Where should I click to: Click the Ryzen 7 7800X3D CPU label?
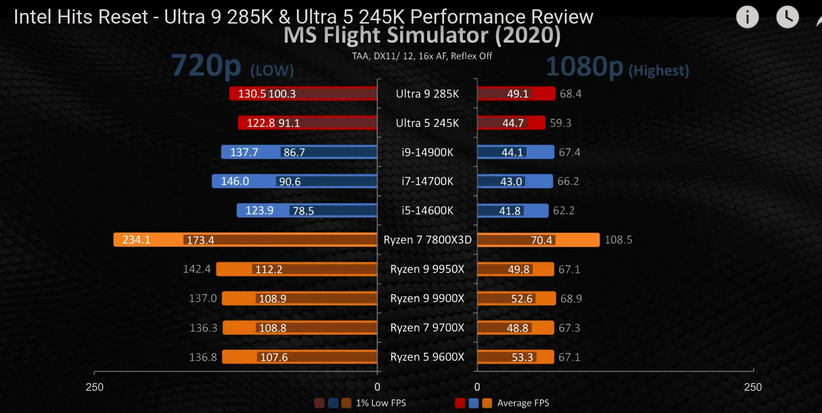click(x=427, y=240)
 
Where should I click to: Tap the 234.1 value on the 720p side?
click(x=136, y=240)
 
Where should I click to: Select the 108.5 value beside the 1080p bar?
click(x=618, y=240)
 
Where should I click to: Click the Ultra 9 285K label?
click(x=427, y=94)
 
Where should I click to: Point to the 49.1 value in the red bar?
click(x=517, y=94)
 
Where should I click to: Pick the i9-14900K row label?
click(x=427, y=152)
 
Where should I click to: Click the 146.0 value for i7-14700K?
click(x=235, y=182)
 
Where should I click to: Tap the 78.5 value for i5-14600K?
click(x=303, y=211)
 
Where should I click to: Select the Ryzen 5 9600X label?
click(x=427, y=357)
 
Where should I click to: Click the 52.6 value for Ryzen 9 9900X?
click(x=522, y=299)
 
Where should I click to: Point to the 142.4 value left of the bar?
click(x=197, y=269)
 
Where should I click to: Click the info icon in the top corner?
click(x=747, y=17)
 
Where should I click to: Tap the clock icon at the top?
click(x=787, y=17)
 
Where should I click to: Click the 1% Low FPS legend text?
click(x=381, y=403)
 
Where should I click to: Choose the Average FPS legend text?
click(x=523, y=403)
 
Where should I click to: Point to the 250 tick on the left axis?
click(x=95, y=387)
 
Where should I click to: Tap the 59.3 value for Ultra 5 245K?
click(x=560, y=123)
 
